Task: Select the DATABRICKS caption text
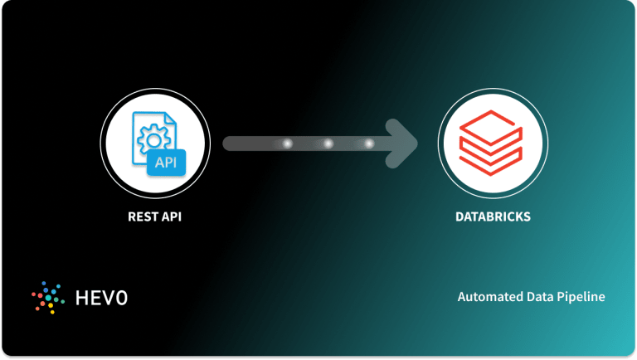point(494,217)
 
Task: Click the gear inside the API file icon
point(153,134)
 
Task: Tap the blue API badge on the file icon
point(165,161)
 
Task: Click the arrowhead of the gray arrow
point(403,144)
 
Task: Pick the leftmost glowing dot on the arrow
point(287,144)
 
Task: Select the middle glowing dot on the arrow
point(328,144)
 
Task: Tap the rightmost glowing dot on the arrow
point(369,144)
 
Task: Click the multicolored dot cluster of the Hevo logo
point(46,296)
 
